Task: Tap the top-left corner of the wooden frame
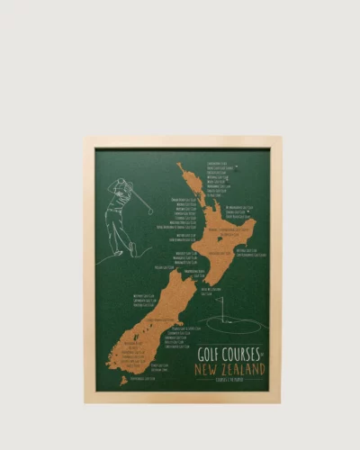pos(85,139)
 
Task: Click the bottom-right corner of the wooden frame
pos(279,400)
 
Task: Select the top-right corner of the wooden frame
pos(279,139)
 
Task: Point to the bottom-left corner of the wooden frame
pos(85,400)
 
